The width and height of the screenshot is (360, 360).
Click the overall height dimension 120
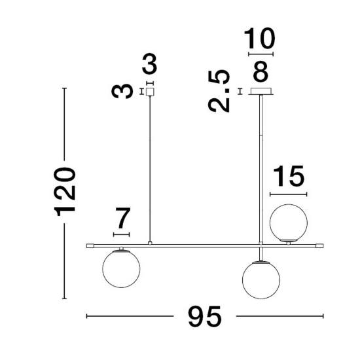pyautogui.click(x=64, y=192)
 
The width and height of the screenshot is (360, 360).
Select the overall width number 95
pyautogui.click(x=205, y=317)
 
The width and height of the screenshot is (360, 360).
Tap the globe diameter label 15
pyautogui.click(x=289, y=175)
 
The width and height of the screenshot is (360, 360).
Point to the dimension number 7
pyautogui.click(x=123, y=218)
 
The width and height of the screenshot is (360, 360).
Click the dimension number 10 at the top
pyautogui.click(x=259, y=39)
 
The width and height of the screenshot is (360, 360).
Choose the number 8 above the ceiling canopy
pyautogui.click(x=261, y=71)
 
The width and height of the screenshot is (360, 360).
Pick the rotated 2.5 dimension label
pyautogui.click(x=219, y=91)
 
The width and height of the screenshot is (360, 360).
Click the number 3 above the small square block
pyautogui.click(x=149, y=64)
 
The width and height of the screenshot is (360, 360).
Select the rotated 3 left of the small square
pyautogui.click(x=122, y=91)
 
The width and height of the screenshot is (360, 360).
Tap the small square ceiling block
pyautogui.click(x=150, y=92)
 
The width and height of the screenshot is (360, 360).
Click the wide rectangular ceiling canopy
pyautogui.click(x=261, y=92)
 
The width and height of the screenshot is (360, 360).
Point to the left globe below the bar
pyautogui.click(x=121, y=269)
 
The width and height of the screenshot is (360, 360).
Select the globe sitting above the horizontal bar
pyautogui.click(x=289, y=223)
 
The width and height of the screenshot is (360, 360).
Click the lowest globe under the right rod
pyautogui.click(x=261, y=280)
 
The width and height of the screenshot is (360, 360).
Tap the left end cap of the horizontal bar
pyautogui.click(x=90, y=246)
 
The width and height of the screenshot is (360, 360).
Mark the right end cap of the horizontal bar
pyautogui.click(x=319, y=246)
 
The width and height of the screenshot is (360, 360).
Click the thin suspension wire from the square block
pyautogui.click(x=150, y=169)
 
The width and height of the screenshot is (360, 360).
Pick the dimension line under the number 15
pyautogui.click(x=289, y=194)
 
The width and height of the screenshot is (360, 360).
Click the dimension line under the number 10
pyautogui.click(x=261, y=54)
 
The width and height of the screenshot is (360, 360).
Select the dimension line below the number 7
pyautogui.click(x=122, y=234)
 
